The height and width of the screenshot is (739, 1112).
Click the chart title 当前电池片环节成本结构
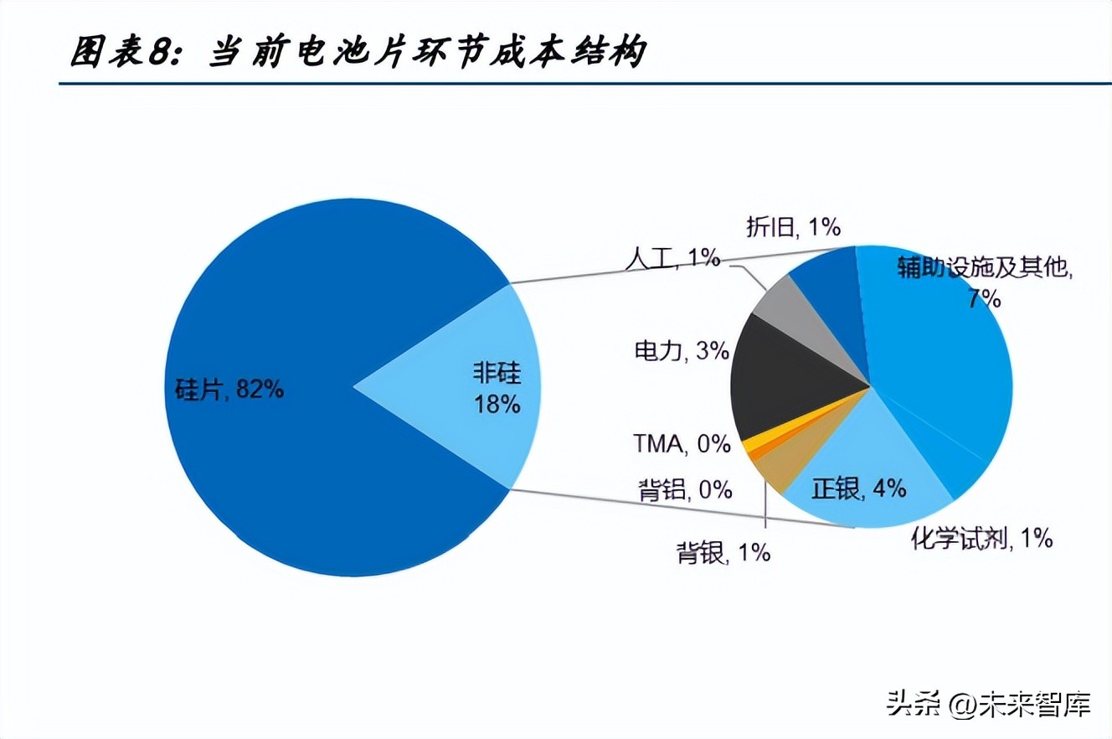427,52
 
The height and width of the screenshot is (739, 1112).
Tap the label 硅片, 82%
229,389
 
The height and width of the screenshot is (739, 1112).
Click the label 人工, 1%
672,258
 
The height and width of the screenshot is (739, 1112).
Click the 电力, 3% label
681,350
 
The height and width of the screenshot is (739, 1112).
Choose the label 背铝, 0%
685,489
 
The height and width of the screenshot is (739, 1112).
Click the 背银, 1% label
723,553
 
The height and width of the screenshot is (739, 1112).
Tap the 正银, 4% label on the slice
859,488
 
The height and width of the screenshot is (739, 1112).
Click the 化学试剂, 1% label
981,538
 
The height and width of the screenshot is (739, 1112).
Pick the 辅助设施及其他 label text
985,268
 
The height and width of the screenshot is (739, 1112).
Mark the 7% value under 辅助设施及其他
985,298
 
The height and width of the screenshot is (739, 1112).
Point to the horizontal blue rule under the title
586,84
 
